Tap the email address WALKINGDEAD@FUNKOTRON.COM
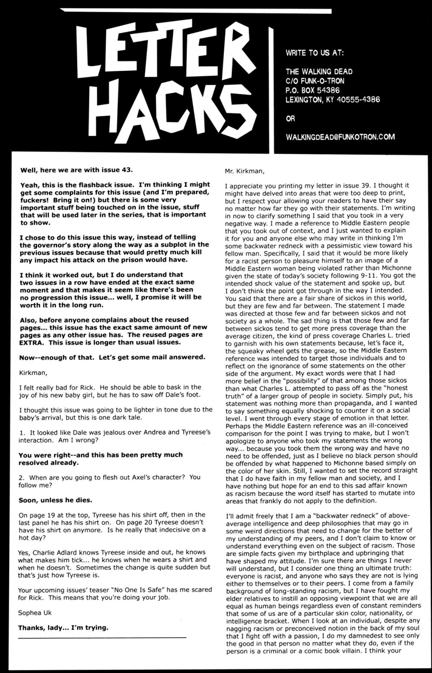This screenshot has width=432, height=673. (340, 137)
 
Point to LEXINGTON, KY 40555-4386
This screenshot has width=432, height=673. (333, 99)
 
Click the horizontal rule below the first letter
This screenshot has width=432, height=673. (103, 638)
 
